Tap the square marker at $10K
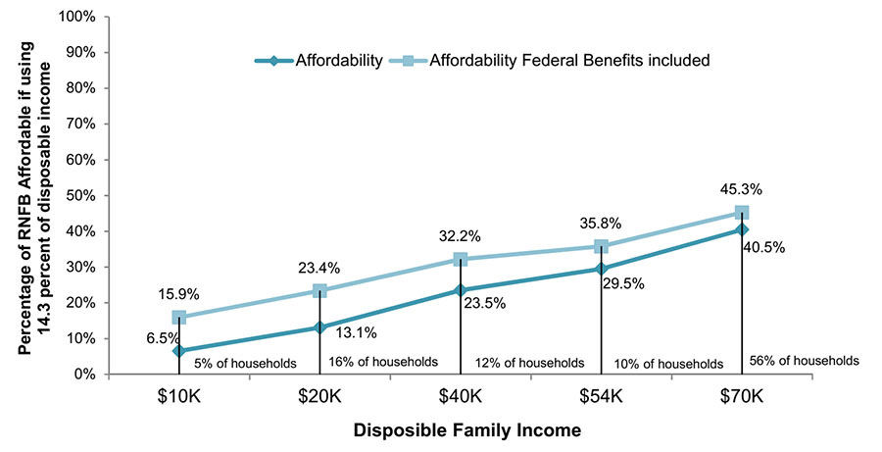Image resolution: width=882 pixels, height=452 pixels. [178, 317]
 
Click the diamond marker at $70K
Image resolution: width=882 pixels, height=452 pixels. [742, 229]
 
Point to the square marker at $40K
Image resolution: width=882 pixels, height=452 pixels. [460, 259]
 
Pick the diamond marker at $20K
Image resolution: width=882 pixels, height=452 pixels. [319, 326]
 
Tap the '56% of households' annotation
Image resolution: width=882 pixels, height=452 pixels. [804, 360]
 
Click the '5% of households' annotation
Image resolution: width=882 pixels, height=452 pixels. [244, 363]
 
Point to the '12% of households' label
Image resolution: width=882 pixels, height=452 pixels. [529, 363]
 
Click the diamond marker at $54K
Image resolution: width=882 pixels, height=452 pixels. [601, 269]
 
